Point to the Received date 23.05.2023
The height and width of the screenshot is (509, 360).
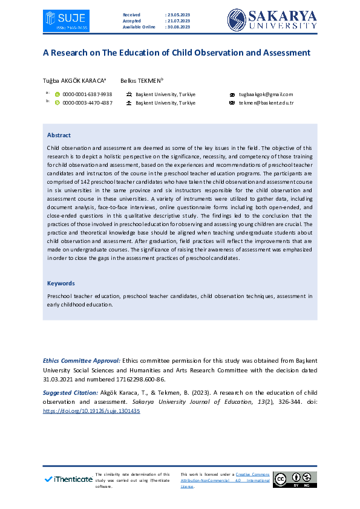pos(177,14)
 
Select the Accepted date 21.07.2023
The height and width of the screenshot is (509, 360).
pos(177,21)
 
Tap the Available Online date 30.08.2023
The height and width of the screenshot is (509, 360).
pos(177,27)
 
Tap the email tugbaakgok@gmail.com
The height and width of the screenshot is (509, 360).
pos(266,94)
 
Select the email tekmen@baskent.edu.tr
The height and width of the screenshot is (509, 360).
pos(266,103)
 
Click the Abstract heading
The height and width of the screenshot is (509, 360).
pos(59,135)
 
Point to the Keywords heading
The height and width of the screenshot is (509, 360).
pos(61,283)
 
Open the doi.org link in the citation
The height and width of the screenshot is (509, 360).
pos(91,410)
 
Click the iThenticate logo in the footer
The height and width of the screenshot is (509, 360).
pos(68,479)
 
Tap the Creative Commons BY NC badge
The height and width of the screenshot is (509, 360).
pos(295,479)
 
